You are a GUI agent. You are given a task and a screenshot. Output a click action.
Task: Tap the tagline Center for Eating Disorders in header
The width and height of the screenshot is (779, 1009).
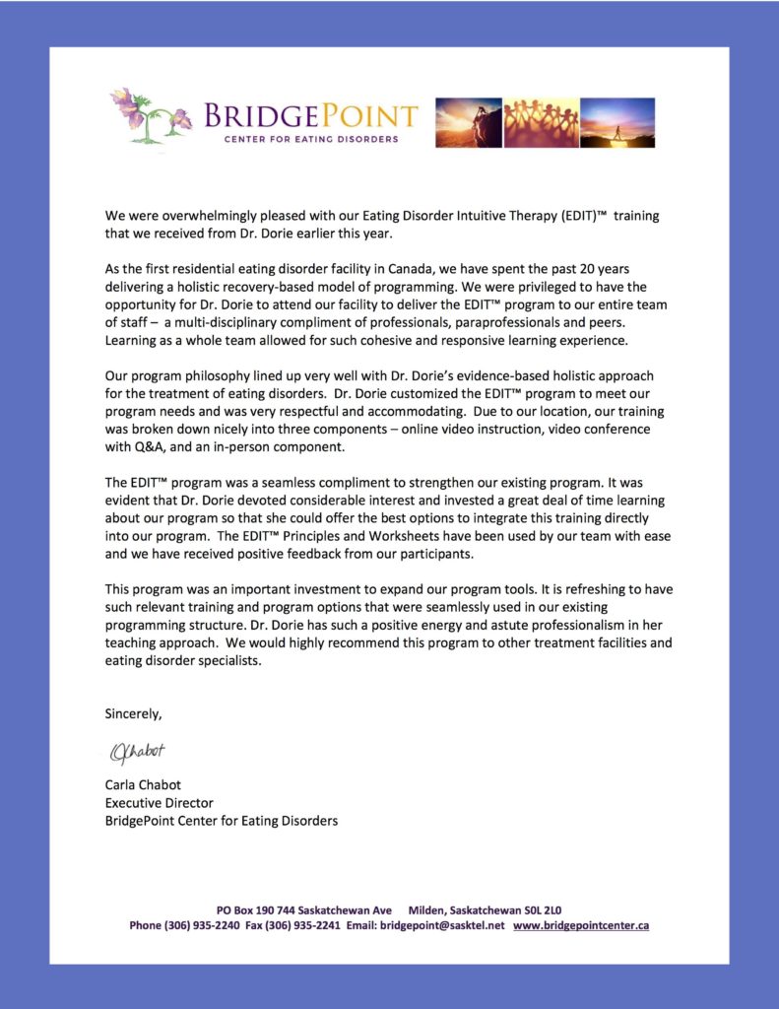click(309, 139)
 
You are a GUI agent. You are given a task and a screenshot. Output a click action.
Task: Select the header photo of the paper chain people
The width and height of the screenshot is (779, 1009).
click(541, 122)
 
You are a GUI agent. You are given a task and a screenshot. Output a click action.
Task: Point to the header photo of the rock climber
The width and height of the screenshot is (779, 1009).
click(468, 122)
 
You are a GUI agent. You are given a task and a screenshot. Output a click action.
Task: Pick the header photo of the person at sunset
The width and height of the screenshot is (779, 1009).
click(617, 122)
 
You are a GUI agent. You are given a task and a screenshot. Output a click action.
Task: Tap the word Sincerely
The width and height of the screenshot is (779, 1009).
click(133, 712)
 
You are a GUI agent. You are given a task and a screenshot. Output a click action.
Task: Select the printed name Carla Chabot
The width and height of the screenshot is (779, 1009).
click(143, 785)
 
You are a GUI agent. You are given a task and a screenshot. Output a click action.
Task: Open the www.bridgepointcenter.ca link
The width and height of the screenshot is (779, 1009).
click(581, 926)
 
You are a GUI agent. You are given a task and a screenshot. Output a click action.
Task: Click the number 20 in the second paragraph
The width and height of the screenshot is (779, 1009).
click(585, 269)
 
